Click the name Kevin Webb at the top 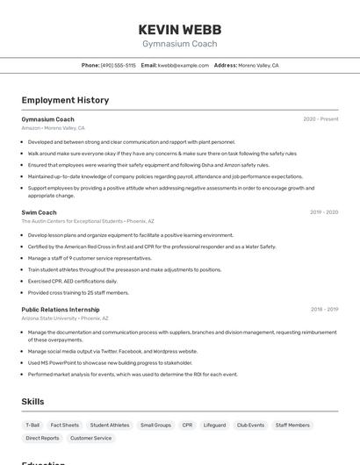pyautogui.click(x=179, y=28)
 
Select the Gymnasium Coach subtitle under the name pyautogui.click(x=179, y=43)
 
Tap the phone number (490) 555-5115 pyautogui.click(x=119, y=65)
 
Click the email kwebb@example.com pyautogui.click(x=184, y=65)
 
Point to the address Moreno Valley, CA pyautogui.click(x=258, y=65)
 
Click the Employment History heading pyautogui.click(x=65, y=100)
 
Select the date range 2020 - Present pyautogui.click(x=320, y=119)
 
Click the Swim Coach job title pyautogui.click(x=39, y=212)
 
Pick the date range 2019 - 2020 pyautogui.click(x=324, y=212)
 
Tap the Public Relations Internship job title pyautogui.click(x=61, y=309)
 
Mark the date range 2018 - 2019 pyautogui.click(x=324, y=309)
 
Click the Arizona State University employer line pyautogui.click(x=65, y=318)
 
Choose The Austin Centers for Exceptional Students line pyautogui.click(x=87, y=221)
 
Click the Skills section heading pyautogui.click(x=32, y=402)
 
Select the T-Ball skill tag pyautogui.click(x=32, y=425)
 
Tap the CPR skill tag pyautogui.click(x=187, y=425)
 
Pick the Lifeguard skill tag pyautogui.click(x=214, y=425)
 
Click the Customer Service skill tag pyautogui.click(x=91, y=438)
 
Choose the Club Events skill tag pyautogui.click(x=250, y=425)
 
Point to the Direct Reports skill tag pyautogui.click(x=42, y=438)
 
